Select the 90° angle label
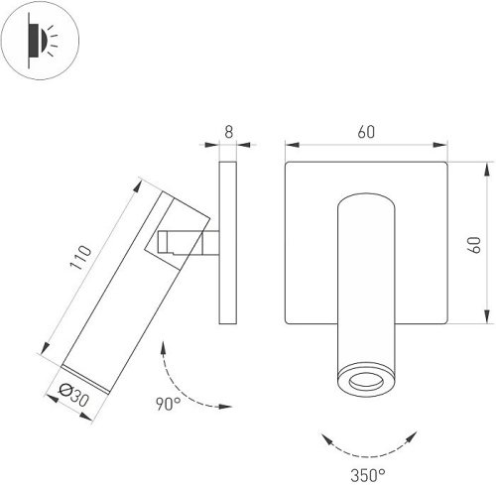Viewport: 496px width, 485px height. (167, 405)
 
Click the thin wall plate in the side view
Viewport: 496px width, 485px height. (226, 244)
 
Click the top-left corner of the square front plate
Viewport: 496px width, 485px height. (287, 165)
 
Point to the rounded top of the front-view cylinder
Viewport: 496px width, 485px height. (364, 199)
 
